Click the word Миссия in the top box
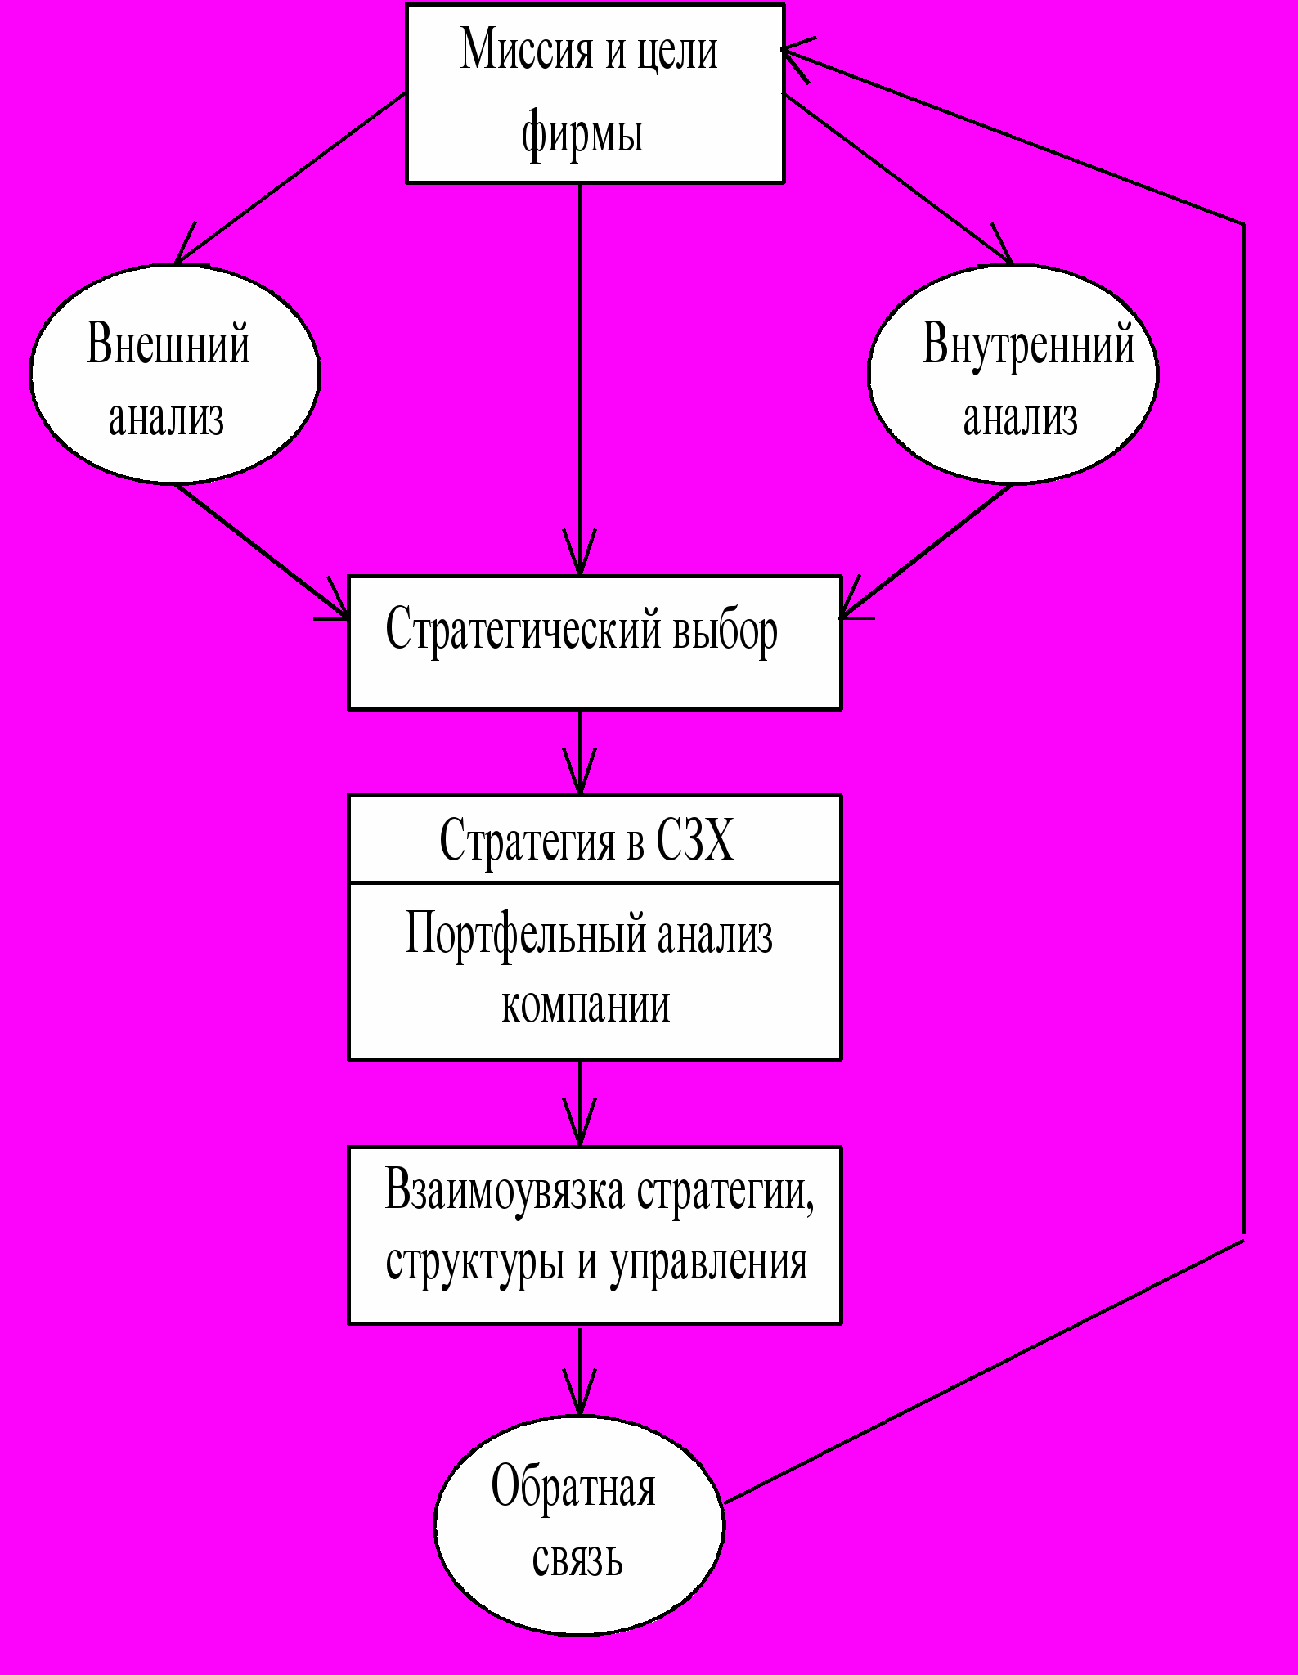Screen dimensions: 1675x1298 tap(527, 51)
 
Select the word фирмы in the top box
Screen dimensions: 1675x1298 tap(582, 132)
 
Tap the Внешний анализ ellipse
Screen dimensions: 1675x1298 tap(174, 374)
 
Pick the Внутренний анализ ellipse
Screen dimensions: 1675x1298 tap(1013, 374)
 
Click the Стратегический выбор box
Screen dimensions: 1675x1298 tap(595, 643)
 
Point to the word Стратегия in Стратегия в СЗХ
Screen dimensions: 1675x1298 tap(526, 840)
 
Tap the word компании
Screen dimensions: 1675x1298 tap(586, 1004)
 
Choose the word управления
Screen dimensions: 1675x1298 tap(708, 1261)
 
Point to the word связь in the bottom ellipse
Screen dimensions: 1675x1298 tap(577, 1559)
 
